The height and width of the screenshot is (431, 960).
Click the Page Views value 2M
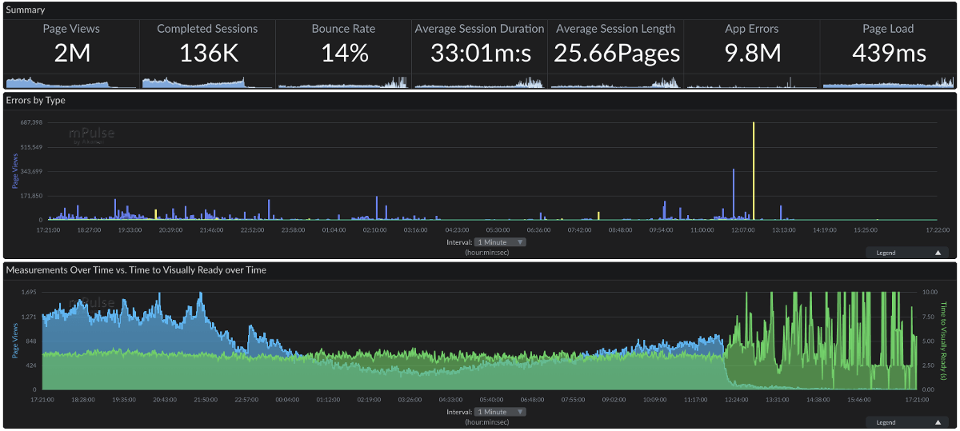(x=71, y=53)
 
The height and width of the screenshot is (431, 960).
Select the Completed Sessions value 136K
(x=207, y=53)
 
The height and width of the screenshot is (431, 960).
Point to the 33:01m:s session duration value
(x=479, y=53)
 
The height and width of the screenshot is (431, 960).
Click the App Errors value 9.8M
(x=752, y=53)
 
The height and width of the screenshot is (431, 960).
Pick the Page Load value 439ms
(x=888, y=53)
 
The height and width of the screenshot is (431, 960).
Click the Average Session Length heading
(x=615, y=29)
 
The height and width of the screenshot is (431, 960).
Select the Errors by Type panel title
(x=36, y=100)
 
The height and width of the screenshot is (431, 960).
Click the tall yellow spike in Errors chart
(x=753, y=168)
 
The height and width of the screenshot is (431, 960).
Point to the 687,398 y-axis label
(x=30, y=122)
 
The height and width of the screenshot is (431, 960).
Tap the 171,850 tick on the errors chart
(x=30, y=195)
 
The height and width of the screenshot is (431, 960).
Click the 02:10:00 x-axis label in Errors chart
(x=374, y=229)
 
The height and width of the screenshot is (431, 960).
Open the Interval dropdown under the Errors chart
(x=499, y=241)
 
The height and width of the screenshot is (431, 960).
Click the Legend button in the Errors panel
(x=907, y=253)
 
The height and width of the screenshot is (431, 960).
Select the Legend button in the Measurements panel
(x=907, y=422)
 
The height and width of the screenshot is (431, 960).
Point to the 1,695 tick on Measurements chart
(x=29, y=293)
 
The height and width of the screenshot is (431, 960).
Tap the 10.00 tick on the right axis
(x=929, y=293)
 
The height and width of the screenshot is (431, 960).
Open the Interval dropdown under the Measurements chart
(x=499, y=412)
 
